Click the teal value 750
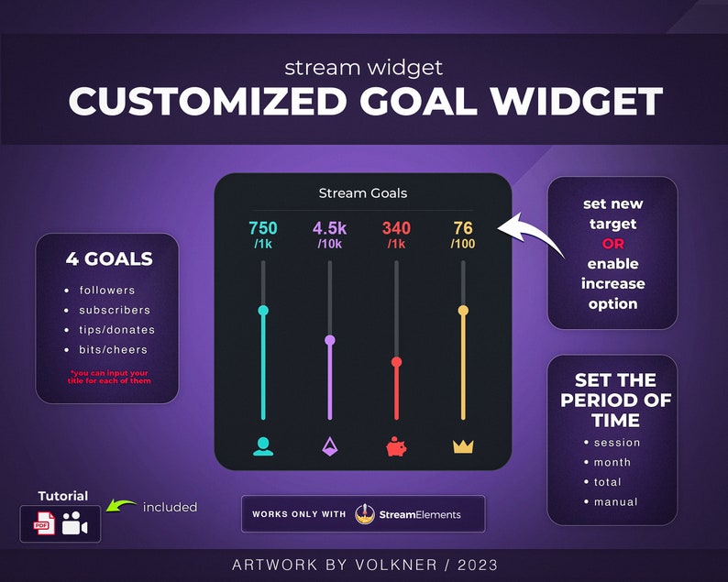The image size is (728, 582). (x=263, y=228)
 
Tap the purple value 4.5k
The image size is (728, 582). (x=330, y=228)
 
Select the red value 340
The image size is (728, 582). (x=396, y=228)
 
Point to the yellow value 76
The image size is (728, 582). (x=463, y=228)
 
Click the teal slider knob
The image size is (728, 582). (x=263, y=311)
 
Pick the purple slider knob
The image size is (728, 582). (x=330, y=340)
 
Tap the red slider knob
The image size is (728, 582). (x=396, y=362)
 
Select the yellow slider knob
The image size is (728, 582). (x=463, y=311)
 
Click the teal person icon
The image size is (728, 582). (x=263, y=446)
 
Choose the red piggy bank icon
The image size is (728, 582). (x=396, y=447)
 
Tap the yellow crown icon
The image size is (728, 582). (x=463, y=447)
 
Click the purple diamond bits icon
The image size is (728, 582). (x=330, y=446)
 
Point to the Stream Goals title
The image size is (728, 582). (x=362, y=193)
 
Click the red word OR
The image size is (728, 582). (x=612, y=244)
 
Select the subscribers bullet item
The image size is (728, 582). (x=114, y=310)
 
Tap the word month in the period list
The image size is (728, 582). (x=612, y=462)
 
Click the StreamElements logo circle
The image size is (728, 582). (x=365, y=514)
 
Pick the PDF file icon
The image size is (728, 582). (x=44, y=524)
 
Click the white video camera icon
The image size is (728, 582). (x=75, y=524)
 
